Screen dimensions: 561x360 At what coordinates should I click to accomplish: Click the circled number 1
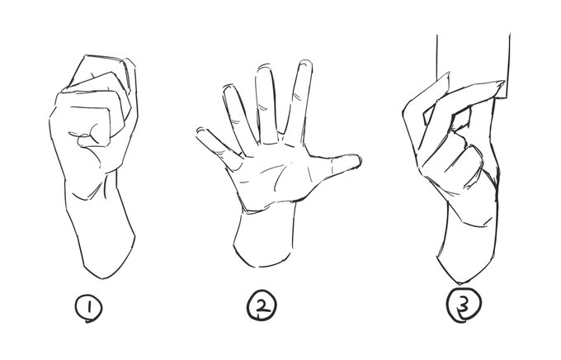coord(89,308)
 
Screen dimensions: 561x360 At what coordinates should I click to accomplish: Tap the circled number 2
coord(262,306)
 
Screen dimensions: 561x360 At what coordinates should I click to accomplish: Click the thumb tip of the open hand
coord(356,161)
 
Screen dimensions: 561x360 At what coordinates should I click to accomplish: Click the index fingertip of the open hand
coord(305,64)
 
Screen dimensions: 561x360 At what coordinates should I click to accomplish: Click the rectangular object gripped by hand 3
coord(473,64)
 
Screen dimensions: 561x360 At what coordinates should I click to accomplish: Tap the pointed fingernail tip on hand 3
coord(502,83)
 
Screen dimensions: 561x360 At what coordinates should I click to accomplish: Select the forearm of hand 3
coord(467,247)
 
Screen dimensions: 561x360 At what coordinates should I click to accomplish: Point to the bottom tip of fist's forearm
coord(102,278)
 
